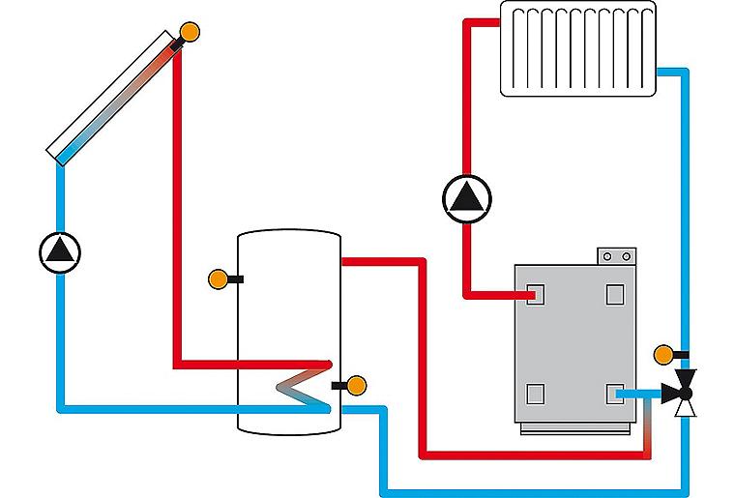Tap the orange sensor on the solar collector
[191, 31]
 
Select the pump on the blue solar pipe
[60, 251]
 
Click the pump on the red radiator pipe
[466, 197]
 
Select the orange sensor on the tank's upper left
[220, 279]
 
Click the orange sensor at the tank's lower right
[356, 385]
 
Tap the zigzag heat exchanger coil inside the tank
[302, 388]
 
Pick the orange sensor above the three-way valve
[663, 354]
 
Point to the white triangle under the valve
[686, 408]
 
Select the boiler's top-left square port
[536, 294]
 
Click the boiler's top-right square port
[615, 294]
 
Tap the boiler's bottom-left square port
[536, 393]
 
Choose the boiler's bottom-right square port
[615, 393]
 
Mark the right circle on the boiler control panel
[627, 256]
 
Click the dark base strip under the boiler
[577, 427]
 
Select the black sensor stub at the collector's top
[177, 43]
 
